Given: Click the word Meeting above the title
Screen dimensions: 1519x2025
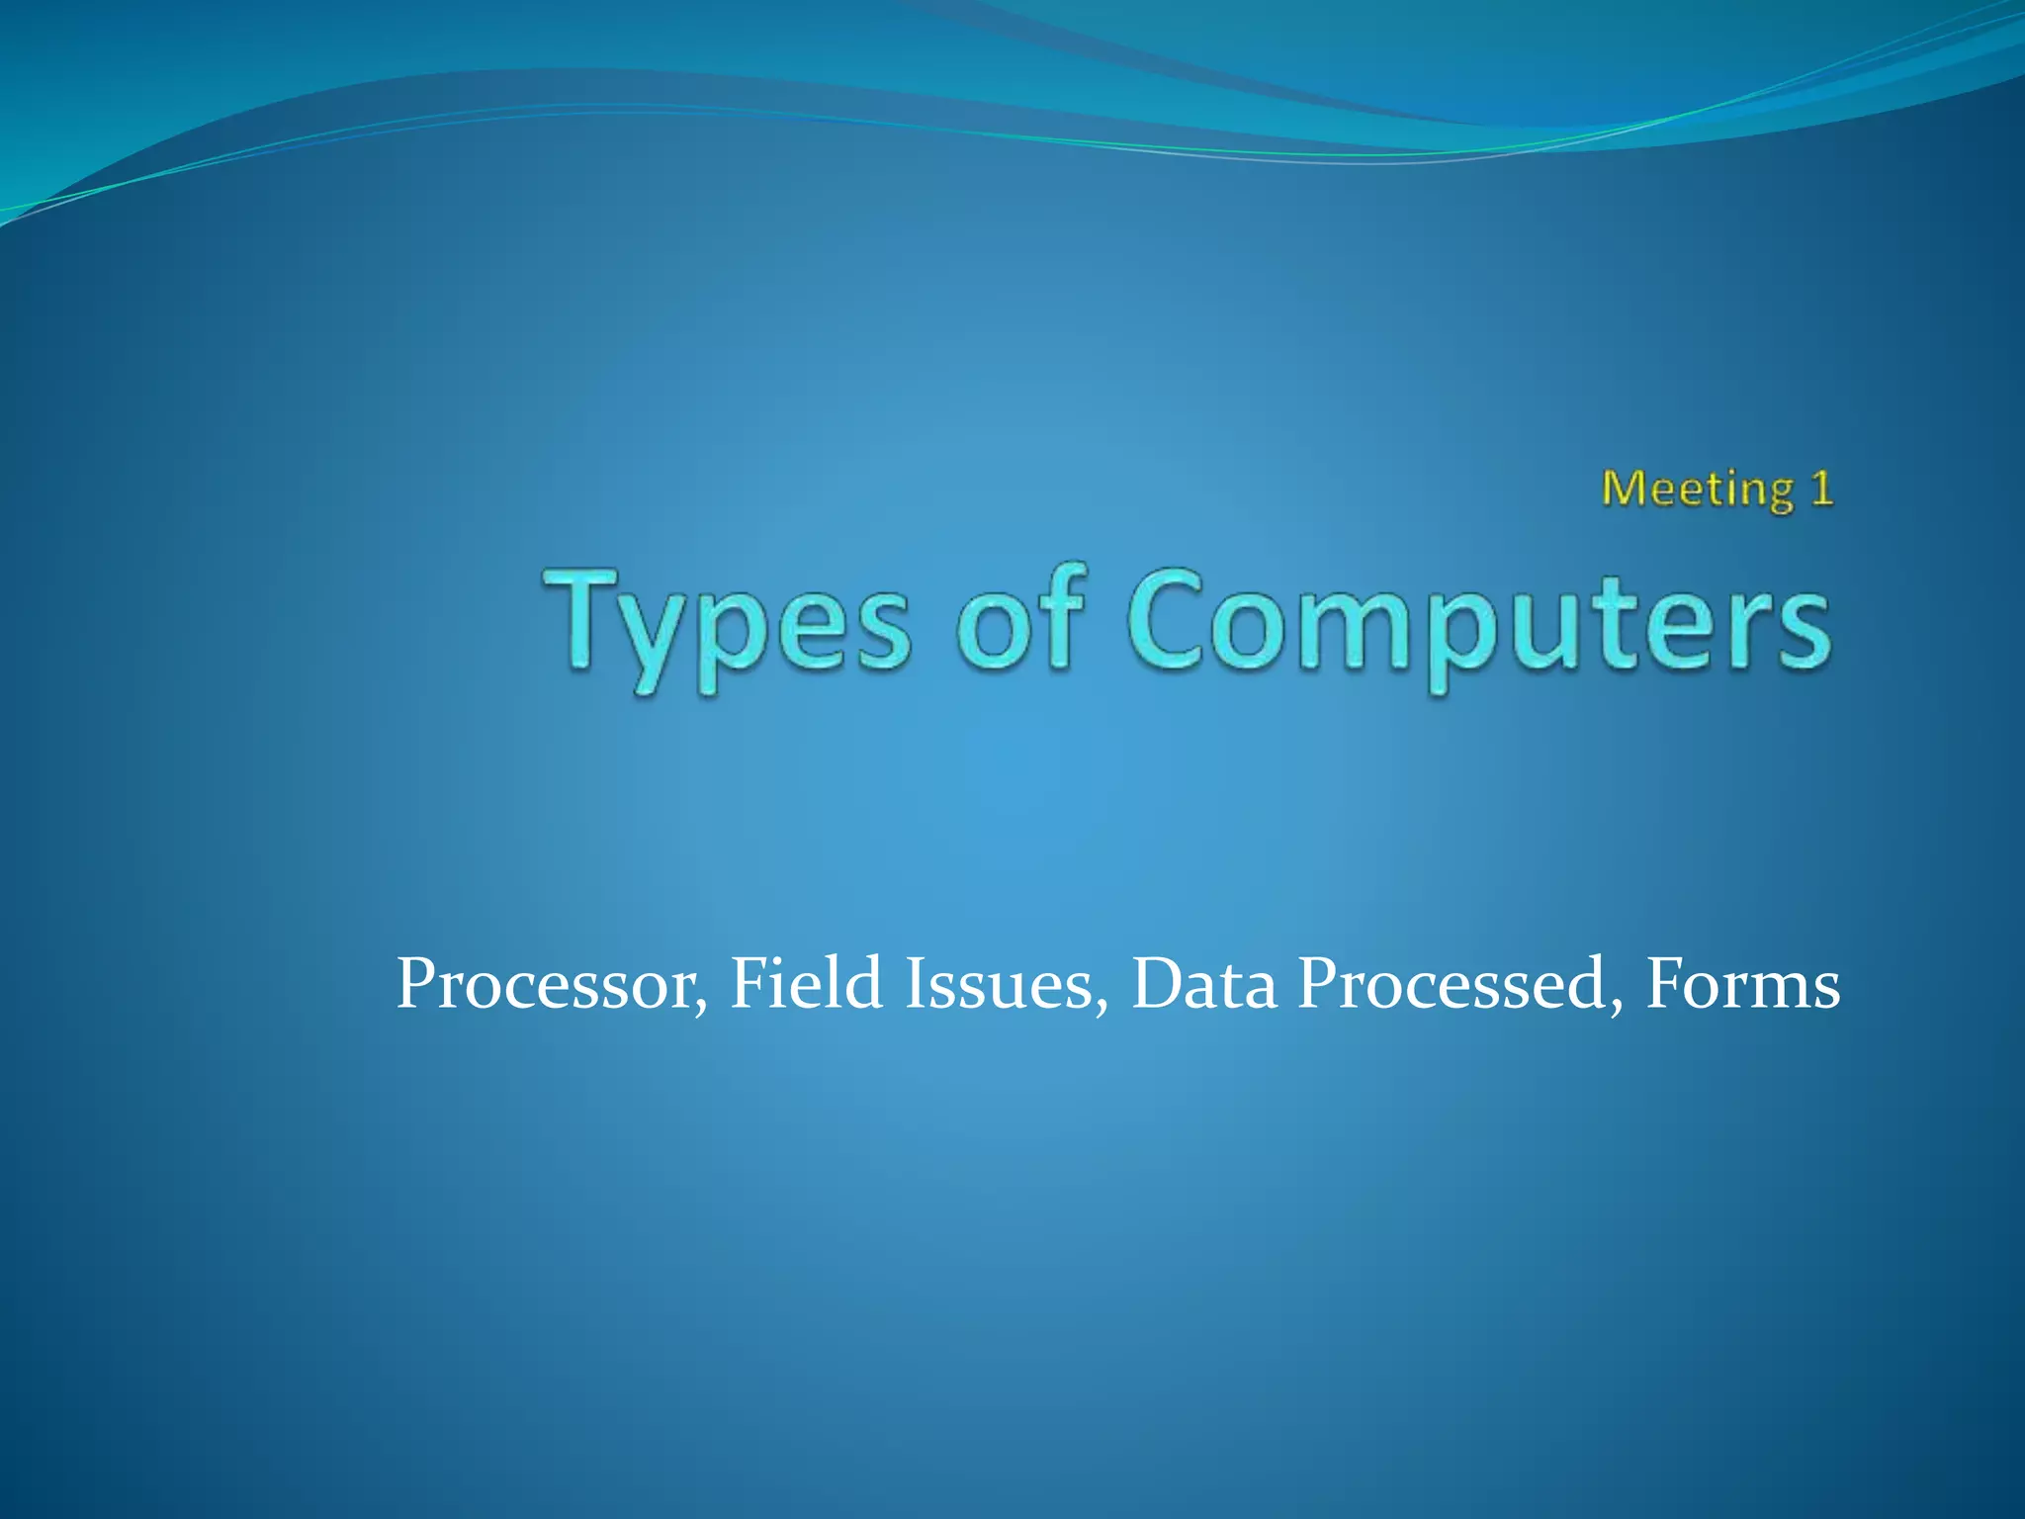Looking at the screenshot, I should point(1697,490).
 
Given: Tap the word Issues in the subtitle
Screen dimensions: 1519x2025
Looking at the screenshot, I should point(999,985).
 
